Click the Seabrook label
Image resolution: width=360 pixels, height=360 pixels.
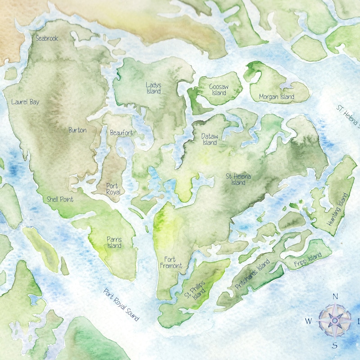(x=47, y=39)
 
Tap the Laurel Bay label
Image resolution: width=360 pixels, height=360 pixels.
(x=25, y=102)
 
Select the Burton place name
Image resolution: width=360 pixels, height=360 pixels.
(x=77, y=130)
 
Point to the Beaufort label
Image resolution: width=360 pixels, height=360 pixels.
(x=121, y=133)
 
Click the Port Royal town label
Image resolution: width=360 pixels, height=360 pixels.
(x=112, y=189)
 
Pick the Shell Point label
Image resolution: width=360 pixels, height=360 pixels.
(x=60, y=199)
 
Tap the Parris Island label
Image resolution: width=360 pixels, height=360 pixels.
(x=114, y=243)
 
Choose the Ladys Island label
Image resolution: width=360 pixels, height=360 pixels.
(x=153, y=88)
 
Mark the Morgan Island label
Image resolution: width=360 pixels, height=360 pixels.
(x=277, y=97)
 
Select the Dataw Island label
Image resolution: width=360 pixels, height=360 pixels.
(x=209, y=139)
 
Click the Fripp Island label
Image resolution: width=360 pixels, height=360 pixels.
(x=309, y=259)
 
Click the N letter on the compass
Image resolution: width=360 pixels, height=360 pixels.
(x=335, y=297)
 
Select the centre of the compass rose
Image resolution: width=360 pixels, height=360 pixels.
(x=335, y=320)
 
